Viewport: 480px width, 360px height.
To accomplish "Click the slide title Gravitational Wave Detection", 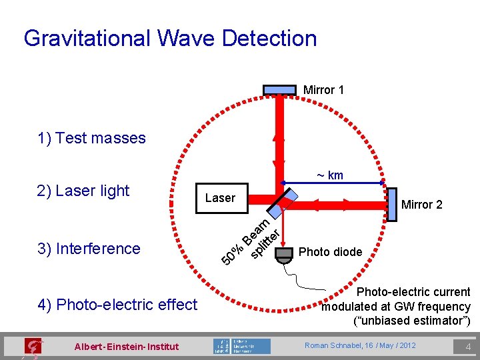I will pyautogui.click(x=170, y=38).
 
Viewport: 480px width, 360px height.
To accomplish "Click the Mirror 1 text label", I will pyautogui.click(x=323, y=89).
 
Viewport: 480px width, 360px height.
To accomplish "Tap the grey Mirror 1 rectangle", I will pyautogui.click(x=279, y=89).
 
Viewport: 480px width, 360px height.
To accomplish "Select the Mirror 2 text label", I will pyautogui.click(x=421, y=205).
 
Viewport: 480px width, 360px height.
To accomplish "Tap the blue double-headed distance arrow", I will pyautogui.click(x=333, y=183).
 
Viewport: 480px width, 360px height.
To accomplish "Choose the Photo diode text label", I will pyautogui.click(x=330, y=252).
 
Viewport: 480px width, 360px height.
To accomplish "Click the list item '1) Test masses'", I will pyautogui.click(x=92, y=138).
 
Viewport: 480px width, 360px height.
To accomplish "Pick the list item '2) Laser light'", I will pyautogui.click(x=83, y=191).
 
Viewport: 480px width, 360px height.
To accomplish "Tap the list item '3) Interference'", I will pyautogui.click(x=89, y=249).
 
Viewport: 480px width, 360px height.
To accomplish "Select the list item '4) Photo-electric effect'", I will pyautogui.click(x=118, y=305).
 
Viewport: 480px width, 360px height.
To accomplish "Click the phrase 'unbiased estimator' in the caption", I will pyautogui.click(x=411, y=321).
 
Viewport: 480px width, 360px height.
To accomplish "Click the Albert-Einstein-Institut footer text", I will pyautogui.click(x=127, y=346).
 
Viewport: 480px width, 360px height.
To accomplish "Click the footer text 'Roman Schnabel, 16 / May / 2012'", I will pyautogui.click(x=360, y=345).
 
